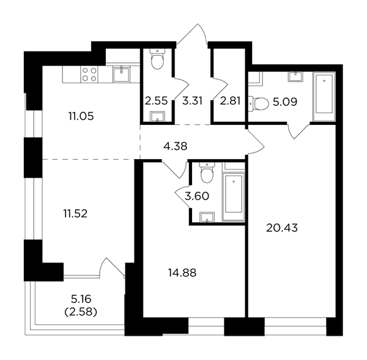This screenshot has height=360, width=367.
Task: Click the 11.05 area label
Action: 81,116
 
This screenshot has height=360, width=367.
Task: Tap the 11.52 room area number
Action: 75,214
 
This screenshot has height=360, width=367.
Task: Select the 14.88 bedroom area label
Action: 182,273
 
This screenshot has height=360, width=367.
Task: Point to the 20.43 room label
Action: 282,228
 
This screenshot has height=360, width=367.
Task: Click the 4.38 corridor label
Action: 176,146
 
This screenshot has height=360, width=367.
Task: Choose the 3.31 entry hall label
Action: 192,101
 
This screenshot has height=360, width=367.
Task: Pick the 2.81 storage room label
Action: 231,101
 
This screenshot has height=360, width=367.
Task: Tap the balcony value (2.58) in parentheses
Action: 81,312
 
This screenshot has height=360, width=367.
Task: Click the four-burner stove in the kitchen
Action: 89,74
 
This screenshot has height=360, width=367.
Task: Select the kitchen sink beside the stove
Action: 121,74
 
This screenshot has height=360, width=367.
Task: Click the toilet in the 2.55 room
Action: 157,59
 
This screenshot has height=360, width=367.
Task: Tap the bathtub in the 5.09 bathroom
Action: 324,97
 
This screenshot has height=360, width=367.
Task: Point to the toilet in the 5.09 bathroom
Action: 258,103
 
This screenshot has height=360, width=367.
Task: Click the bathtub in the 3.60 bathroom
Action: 234,197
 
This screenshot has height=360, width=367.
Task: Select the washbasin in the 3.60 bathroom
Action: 207,217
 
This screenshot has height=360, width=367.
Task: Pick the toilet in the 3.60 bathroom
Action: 207,173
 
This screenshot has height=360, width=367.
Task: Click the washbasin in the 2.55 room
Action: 158,117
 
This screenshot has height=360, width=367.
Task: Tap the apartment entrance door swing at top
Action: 192,35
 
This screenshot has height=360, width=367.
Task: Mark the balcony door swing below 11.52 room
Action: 112,268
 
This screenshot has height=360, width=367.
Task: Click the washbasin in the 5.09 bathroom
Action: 295,77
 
